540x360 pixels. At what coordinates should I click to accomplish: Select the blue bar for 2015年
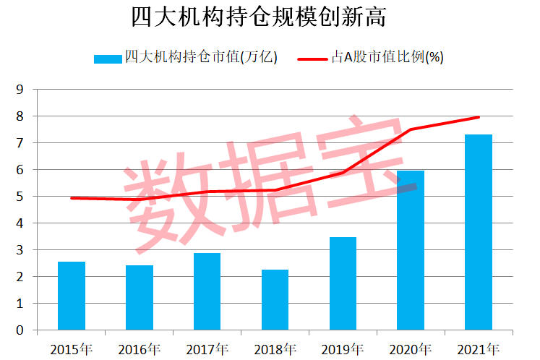tap(72, 296)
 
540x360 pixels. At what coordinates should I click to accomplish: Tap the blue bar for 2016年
tap(140, 298)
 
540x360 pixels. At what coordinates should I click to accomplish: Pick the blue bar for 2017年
tap(207, 291)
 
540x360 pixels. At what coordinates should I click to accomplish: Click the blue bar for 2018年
tap(275, 300)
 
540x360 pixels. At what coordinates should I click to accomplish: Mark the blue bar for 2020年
tap(411, 250)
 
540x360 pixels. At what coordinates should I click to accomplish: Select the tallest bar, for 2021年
tap(478, 232)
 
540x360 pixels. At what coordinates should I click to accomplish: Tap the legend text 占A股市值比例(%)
tap(387, 58)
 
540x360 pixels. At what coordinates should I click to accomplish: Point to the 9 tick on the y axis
tap(20, 90)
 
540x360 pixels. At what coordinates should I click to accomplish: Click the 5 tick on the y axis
tap(20, 197)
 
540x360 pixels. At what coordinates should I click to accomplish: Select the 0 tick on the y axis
tap(20, 330)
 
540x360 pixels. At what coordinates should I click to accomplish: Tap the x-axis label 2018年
tap(275, 349)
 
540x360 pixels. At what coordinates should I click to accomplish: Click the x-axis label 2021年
tap(478, 349)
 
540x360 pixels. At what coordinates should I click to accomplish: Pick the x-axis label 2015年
tap(72, 349)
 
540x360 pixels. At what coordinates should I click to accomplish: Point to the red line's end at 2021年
tap(478, 117)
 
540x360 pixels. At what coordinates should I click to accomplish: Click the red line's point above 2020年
tap(411, 129)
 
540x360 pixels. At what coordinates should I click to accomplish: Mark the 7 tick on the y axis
tap(20, 143)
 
